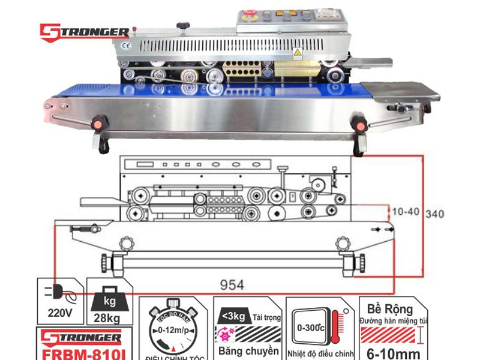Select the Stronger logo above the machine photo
pyautogui.click(x=84, y=31)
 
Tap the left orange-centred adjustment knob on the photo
pyautogui.click(x=95, y=125)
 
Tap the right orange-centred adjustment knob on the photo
pyautogui.click(x=360, y=125)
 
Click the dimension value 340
pyautogui.click(x=435, y=214)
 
